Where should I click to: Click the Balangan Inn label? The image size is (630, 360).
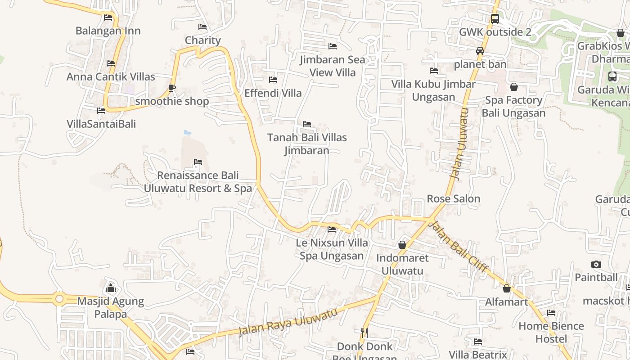108,31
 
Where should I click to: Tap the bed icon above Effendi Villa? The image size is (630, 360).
273,80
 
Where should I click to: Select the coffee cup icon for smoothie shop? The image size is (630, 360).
171,87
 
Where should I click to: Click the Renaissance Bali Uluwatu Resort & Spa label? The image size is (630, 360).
198,182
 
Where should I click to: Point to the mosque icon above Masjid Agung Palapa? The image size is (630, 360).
111,288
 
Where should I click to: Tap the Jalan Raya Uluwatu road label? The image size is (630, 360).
288,322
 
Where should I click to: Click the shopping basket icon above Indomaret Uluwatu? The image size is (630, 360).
402,245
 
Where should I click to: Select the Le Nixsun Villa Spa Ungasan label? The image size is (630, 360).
332,249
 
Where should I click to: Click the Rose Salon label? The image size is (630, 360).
453,198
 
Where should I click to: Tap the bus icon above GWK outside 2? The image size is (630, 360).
495,19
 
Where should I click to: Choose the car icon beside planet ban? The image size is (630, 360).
480,51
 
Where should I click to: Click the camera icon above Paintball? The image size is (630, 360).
596,264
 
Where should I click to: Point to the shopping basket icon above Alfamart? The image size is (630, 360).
507,288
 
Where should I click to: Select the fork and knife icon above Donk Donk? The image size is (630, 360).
364,333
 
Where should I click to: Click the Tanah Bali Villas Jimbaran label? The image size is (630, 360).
307,144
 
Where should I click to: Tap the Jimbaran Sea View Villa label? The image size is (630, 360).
333,66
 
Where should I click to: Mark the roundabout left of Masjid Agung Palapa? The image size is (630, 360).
59,298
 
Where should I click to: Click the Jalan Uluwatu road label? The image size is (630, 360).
460,144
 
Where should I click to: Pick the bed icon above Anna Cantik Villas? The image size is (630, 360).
111,63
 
